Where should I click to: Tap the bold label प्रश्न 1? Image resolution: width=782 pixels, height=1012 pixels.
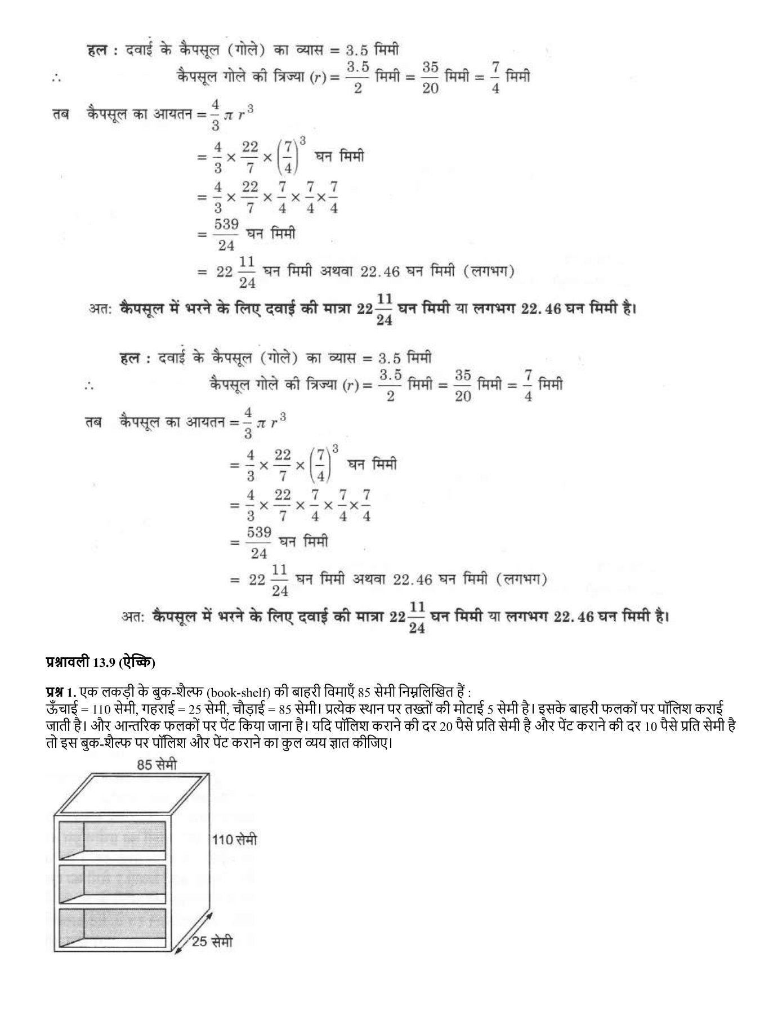click(60, 692)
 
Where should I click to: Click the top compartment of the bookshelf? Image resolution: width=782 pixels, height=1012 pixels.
click(113, 841)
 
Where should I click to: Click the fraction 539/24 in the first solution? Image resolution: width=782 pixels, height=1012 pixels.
click(226, 234)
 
